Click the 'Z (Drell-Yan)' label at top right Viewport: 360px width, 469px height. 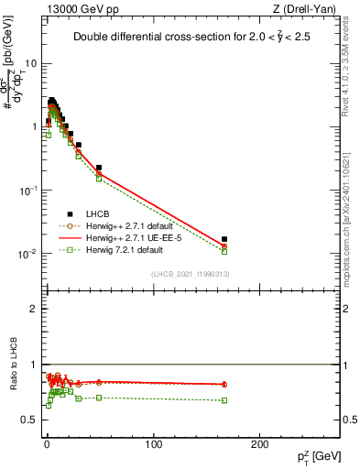pyautogui.click(x=307, y=9)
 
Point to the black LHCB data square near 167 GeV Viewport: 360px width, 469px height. pyautogui.click(x=224, y=239)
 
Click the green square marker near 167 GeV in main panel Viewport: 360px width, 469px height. pyautogui.click(x=224, y=251)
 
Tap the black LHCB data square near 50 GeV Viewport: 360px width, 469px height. pyautogui.click(x=98, y=168)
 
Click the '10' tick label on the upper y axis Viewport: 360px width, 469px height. pyautogui.click(x=31, y=64)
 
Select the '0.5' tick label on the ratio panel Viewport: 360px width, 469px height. pyautogui.click(x=29, y=420)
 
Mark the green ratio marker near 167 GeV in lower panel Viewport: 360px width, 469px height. pyautogui.click(x=224, y=400)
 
